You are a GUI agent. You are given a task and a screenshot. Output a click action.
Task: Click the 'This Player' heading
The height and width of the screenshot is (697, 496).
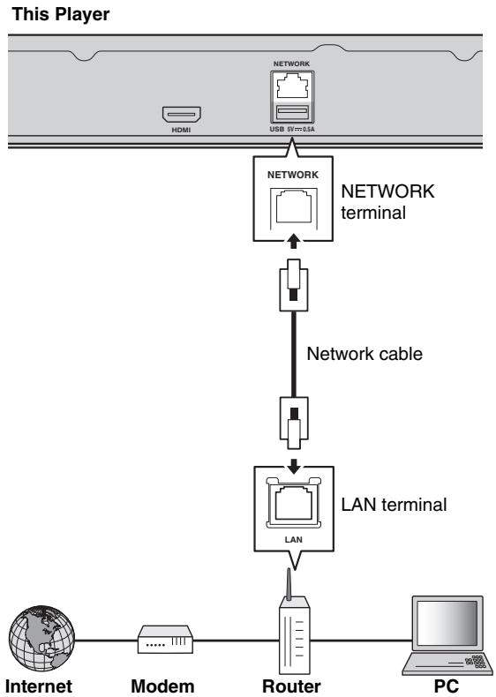[61, 15]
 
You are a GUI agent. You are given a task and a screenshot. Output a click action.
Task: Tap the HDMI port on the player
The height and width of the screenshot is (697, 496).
[182, 114]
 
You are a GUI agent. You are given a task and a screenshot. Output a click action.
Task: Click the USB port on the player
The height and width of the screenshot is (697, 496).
[292, 112]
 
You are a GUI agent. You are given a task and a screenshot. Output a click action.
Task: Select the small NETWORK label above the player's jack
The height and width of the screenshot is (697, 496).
[292, 64]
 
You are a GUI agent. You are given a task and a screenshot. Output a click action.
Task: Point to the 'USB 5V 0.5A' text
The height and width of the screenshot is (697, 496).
[292, 130]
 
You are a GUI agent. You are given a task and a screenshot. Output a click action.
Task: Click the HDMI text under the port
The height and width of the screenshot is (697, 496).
[181, 130]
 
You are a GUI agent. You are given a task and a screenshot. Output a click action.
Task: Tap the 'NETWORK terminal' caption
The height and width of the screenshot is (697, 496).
[387, 202]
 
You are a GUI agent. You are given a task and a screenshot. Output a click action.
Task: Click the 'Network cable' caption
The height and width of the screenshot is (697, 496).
[364, 354]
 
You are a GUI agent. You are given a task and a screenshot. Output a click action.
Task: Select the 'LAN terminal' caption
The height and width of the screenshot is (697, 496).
[394, 505]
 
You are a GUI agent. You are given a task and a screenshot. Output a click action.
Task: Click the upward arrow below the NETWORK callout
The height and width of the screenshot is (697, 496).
[293, 242]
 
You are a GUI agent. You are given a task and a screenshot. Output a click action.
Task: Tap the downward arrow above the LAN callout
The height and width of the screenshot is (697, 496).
[294, 466]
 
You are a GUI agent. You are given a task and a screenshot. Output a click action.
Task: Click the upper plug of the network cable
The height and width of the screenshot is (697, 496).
[294, 285]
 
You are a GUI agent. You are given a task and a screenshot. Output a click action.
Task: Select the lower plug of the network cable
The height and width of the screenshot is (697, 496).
[294, 423]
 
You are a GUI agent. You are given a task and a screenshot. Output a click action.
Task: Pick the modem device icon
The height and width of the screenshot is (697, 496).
[165, 640]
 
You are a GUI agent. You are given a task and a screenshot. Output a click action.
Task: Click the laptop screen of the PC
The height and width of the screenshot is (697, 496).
[447, 624]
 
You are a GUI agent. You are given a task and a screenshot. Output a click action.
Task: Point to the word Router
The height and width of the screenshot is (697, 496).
[291, 686]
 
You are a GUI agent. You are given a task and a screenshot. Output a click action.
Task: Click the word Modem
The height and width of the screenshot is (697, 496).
[162, 686]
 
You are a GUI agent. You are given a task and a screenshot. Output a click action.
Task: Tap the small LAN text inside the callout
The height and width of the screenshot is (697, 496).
[294, 540]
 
